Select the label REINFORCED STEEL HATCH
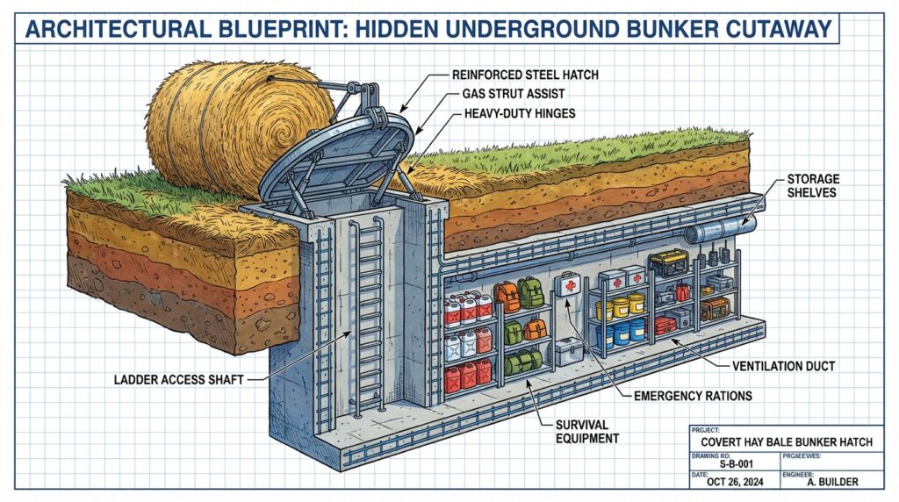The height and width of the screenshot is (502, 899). [523, 75]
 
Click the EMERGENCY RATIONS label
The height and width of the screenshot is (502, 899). [693, 396]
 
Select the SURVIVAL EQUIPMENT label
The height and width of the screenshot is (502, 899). [587, 431]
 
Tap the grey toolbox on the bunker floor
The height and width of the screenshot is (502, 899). [569, 351]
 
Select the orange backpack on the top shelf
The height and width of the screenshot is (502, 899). [507, 297]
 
